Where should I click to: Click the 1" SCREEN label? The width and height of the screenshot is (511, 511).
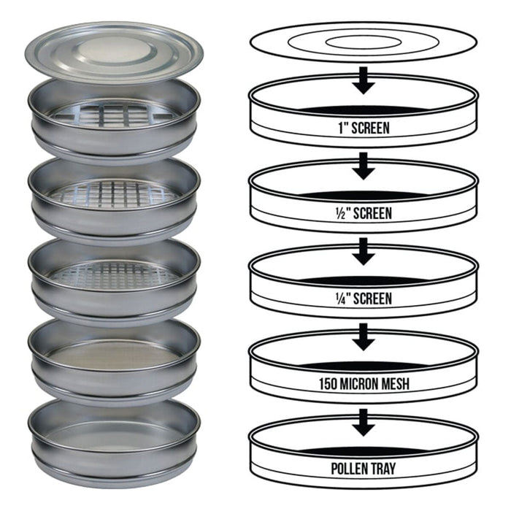364,128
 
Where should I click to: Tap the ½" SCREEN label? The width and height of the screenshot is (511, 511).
364,213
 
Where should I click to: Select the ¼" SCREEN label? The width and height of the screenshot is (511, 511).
364,299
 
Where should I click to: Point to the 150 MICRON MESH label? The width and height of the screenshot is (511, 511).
364,383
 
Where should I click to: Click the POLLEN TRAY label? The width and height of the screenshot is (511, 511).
364,469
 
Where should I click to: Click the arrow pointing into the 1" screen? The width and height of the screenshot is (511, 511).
364,81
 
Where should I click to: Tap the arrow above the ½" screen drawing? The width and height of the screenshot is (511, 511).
364,166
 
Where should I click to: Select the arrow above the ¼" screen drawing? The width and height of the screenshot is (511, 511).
364,252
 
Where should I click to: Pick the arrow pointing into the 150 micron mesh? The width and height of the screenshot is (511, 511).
364,337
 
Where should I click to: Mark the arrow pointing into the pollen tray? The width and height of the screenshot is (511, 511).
364,423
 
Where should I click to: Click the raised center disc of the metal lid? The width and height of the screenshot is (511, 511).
114,50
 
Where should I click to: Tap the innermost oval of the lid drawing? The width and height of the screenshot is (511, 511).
364,42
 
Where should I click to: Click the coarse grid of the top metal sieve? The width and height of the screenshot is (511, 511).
113,114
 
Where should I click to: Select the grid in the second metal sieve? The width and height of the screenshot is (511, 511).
113,195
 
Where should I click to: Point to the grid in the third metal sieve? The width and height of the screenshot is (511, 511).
113,275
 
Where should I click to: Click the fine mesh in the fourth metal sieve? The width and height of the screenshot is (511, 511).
113,356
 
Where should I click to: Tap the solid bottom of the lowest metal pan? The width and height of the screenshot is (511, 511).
113,436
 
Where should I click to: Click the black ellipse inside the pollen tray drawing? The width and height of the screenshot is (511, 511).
364,450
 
